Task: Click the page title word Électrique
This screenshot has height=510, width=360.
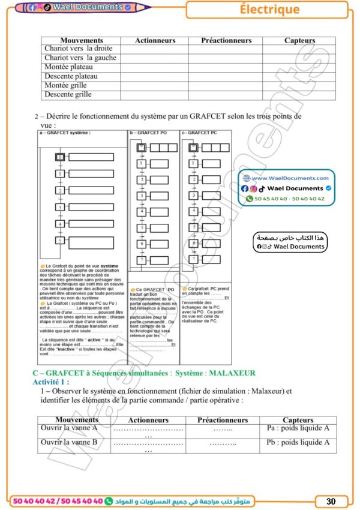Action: [269, 9]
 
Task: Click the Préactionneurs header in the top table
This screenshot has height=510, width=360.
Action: [226, 40]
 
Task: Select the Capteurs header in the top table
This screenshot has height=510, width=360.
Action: [299, 40]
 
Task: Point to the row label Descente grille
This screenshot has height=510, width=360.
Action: [68, 95]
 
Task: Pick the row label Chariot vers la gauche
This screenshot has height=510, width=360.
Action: [80, 58]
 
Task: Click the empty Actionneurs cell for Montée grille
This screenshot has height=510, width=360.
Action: [155, 86]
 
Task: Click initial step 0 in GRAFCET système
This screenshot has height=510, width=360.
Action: [60, 157]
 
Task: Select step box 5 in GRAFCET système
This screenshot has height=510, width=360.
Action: [60, 241]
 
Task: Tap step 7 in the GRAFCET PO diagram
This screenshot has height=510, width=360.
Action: [142, 261]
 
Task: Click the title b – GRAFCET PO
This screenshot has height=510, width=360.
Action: [148, 133]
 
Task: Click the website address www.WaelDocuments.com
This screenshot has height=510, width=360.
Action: [290, 178]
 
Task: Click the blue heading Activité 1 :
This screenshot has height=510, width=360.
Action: [51, 382]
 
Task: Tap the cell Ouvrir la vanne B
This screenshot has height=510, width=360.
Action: [69, 443]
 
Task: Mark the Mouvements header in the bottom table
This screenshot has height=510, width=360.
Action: [77, 420]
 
